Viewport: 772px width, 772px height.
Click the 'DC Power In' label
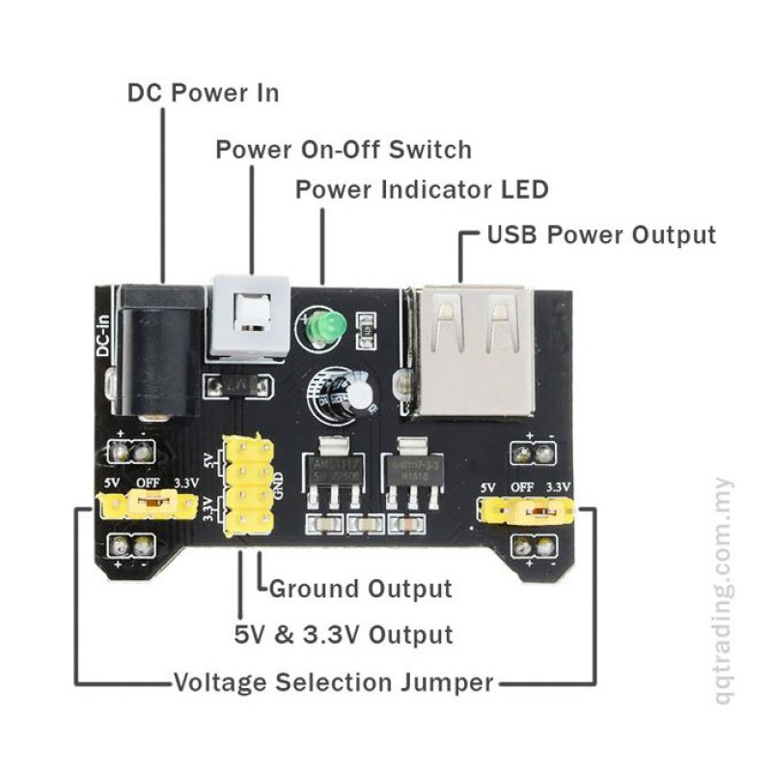(204, 93)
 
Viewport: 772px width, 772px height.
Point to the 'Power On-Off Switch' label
(344, 150)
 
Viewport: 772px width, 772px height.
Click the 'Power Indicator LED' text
(422, 189)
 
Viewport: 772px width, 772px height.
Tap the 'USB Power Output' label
(601, 234)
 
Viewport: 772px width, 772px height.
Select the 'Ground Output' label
(360, 588)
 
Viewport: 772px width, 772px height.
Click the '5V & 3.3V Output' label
(344, 635)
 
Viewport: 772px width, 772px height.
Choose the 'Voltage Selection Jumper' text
(333, 683)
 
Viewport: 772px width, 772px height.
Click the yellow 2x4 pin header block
(248, 485)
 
